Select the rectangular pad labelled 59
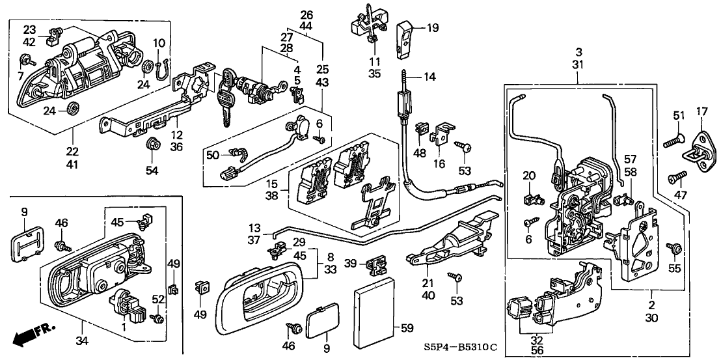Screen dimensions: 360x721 [374, 305]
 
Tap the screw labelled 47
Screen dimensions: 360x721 [677, 176]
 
